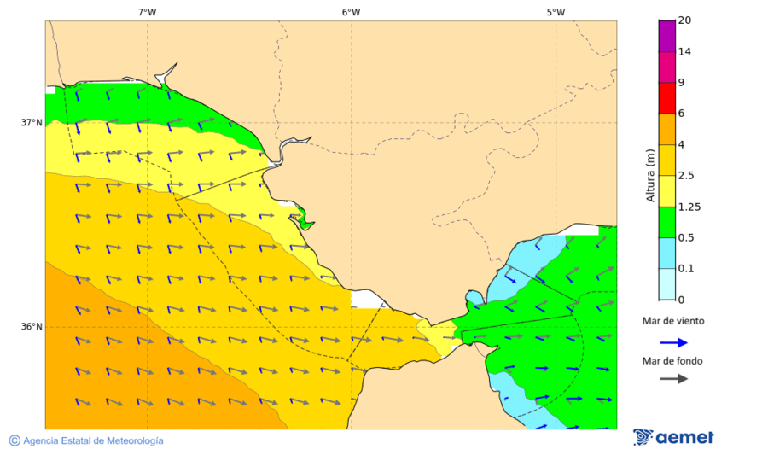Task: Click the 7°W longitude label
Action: click(x=147, y=12)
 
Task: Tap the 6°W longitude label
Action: click(x=351, y=12)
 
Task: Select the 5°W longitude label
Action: click(x=556, y=12)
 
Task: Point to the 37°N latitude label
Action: click(x=32, y=123)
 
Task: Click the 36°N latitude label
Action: click(x=32, y=327)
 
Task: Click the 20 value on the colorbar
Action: click(x=684, y=20)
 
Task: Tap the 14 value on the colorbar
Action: click(x=684, y=52)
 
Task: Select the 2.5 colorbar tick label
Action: click(x=686, y=176)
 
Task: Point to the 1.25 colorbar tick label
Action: click(x=689, y=207)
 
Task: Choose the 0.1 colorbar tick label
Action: click(x=686, y=269)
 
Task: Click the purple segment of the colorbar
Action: click(x=666, y=36)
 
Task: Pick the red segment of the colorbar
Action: click(x=666, y=98)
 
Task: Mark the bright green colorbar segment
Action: click(x=666, y=222)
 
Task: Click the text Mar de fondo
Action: click(x=673, y=360)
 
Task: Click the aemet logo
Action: click(x=673, y=437)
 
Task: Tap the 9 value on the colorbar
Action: click(x=681, y=83)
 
